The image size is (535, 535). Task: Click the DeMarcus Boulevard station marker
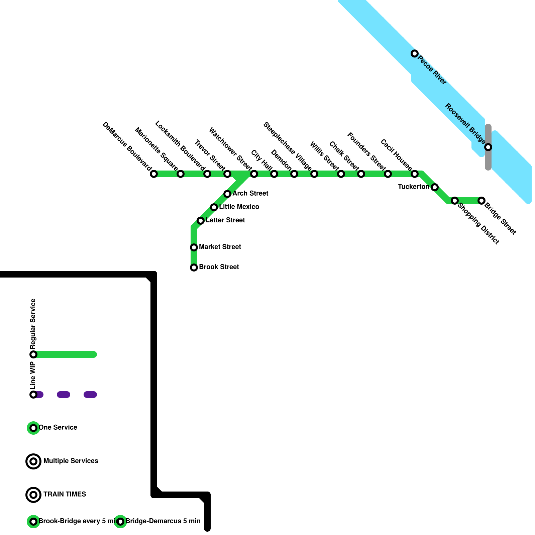(154, 174)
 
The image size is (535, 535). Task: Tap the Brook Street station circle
(194, 267)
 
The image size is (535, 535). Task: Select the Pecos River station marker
(415, 53)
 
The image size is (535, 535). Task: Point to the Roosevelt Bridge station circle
(488, 147)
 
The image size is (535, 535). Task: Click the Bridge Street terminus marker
(481, 201)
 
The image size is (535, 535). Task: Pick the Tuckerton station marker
(435, 187)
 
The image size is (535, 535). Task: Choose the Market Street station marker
(194, 247)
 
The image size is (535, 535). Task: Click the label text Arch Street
(250, 194)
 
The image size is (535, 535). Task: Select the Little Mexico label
(239, 207)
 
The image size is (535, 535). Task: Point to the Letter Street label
(225, 220)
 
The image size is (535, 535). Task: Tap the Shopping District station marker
(455, 201)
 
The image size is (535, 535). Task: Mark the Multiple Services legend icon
(33, 461)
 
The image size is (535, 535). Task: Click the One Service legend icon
(33, 428)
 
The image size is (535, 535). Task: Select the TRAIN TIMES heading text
(65, 495)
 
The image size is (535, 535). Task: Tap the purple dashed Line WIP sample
(64, 395)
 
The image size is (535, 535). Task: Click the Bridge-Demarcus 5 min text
(163, 521)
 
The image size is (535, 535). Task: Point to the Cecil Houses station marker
(415, 174)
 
